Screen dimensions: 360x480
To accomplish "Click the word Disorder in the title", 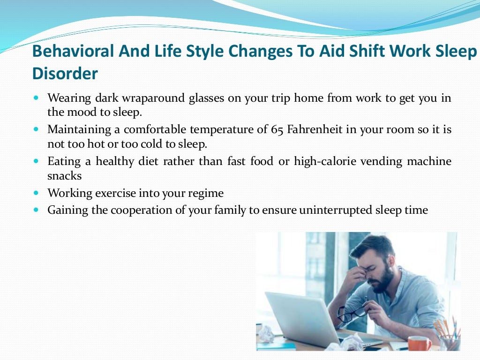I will pyautogui.click(x=65, y=74).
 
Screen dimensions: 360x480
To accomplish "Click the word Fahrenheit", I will pyautogui.click(x=315, y=129).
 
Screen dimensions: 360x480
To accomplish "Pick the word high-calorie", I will pyautogui.click(x=325, y=161).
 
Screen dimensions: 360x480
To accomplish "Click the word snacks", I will pyautogui.click(x=65, y=176).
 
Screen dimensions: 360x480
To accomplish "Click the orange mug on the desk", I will pyautogui.click(x=419, y=343).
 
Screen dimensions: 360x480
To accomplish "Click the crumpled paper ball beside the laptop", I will pyautogui.click(x=266, y=334).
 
